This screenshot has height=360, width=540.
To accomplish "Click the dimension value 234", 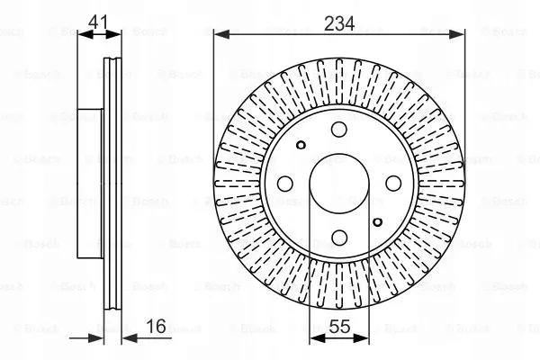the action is [x=339, y=23].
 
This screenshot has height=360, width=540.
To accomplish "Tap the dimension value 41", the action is [x=98, y=22].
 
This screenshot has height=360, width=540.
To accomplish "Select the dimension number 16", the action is [x=156, y=326].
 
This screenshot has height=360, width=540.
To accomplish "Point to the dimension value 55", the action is [x=339, y=326].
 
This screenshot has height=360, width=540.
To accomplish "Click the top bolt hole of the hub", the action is [x=339, y=130].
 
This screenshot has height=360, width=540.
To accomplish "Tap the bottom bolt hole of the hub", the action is [x=339, y=237].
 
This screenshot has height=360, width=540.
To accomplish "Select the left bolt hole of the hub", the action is [x=285, y=184].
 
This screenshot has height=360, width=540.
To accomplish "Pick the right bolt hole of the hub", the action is [x=393, y=184].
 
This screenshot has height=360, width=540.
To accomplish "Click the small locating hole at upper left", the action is [x=301, y=145].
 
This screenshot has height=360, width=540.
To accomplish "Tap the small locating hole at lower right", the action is [x=377, y=222].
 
